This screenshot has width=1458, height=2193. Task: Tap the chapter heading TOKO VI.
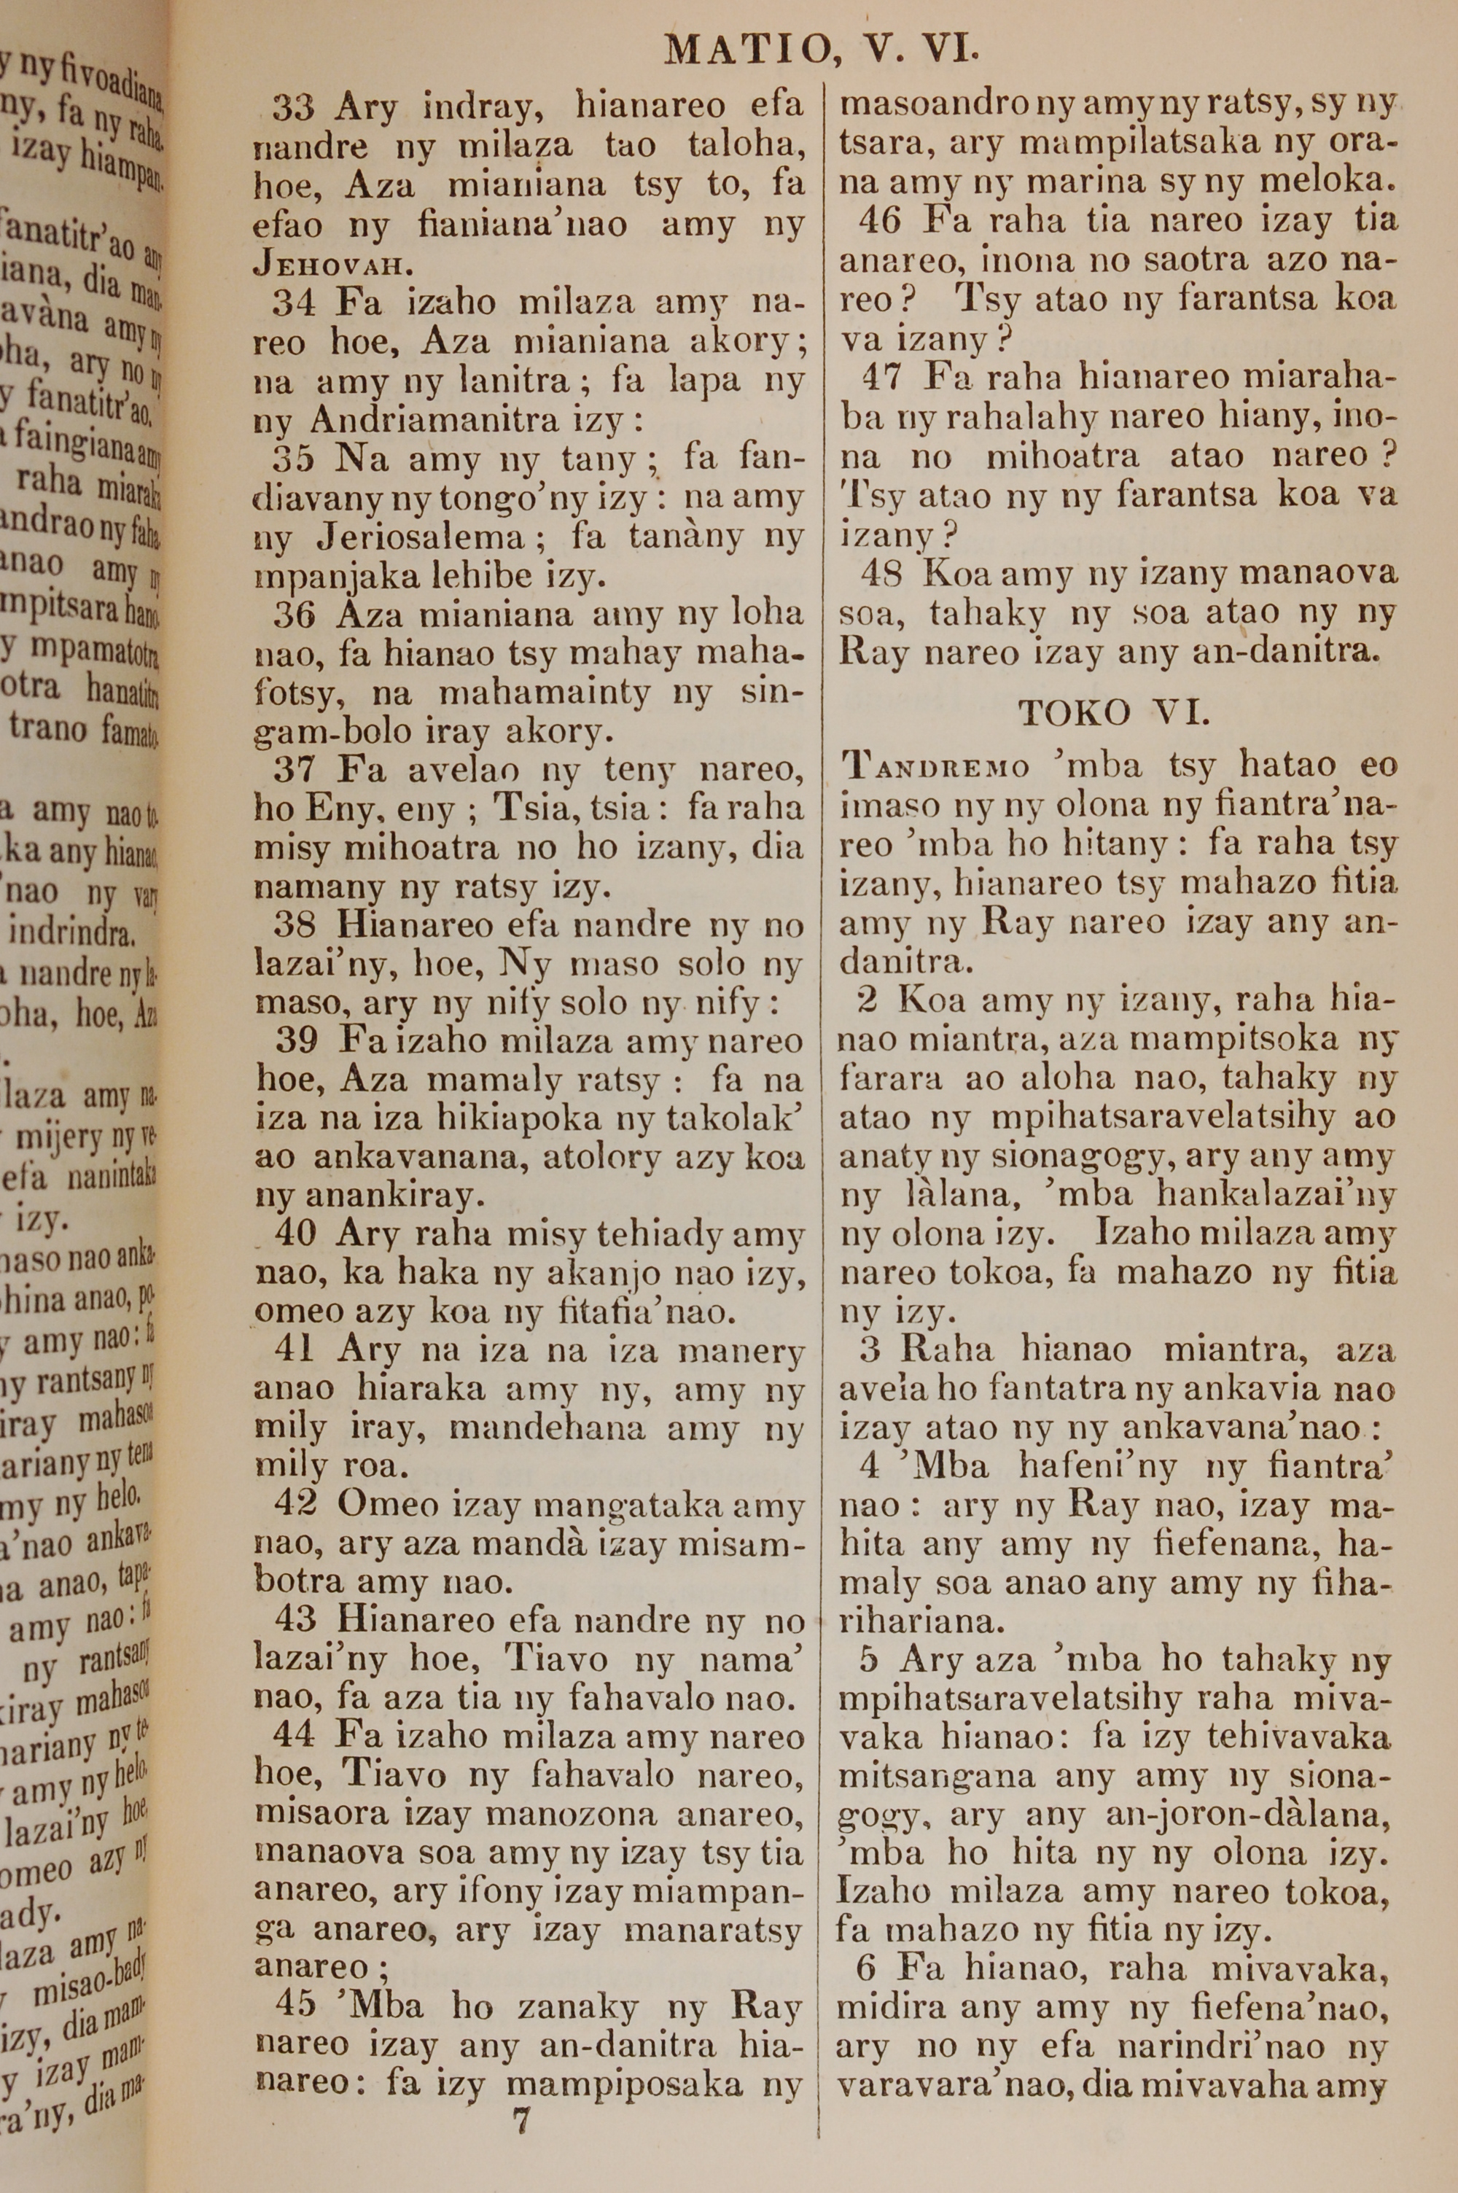click(1113, 712)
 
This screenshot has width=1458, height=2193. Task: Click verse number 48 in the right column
click(881, 574)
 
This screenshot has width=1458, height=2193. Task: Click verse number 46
click(881, 221)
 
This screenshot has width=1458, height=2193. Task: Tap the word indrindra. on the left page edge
click(70, 930)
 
